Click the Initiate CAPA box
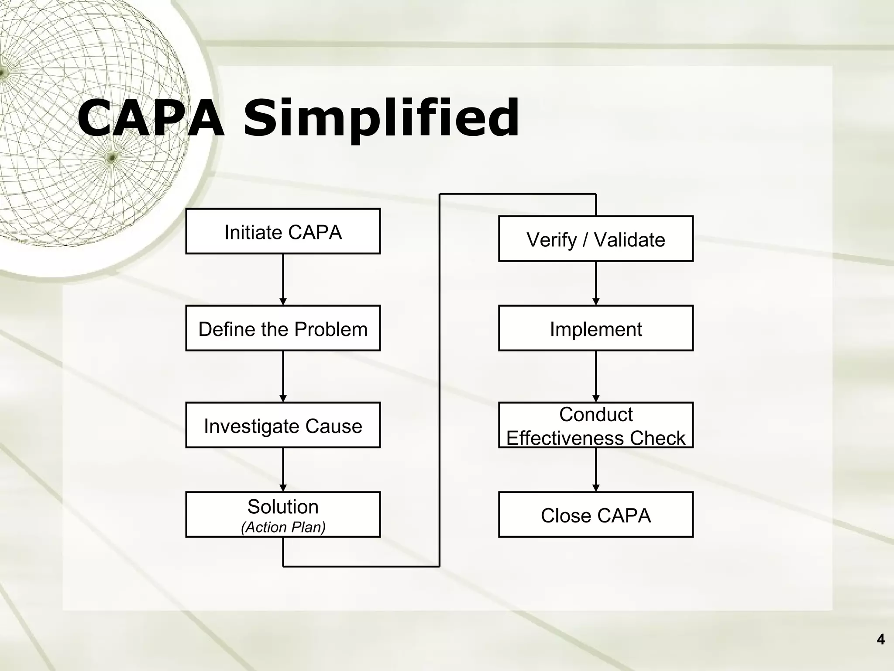point(283,231)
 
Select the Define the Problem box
point(283,328)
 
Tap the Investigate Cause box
point(283,425)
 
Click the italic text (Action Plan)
point(283,527)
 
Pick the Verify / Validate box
point(595,239)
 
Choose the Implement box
point(595,328)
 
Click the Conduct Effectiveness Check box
point(595,425)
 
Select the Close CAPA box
point(595,515)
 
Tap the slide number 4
point(880,640)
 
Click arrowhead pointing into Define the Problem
point(283,301)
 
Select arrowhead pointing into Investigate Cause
point(283,398)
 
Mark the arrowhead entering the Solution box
point(283,488)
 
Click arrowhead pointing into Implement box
point(596,301)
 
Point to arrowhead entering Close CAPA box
point(596,488)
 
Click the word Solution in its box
point(283,507)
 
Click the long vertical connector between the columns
point(439,380)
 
